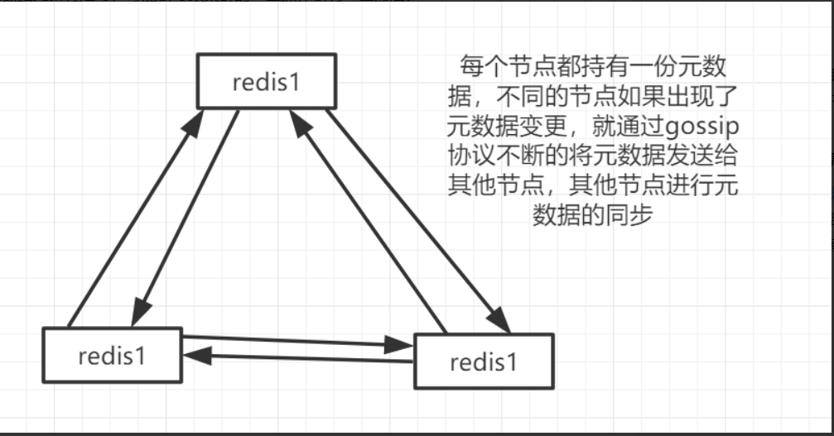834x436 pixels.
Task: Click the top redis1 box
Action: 266,81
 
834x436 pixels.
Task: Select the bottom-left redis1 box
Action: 112,356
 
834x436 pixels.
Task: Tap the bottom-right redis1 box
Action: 483,361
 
